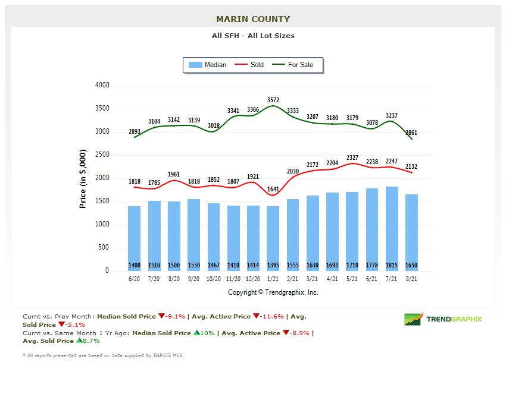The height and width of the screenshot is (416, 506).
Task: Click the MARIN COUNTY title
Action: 253,19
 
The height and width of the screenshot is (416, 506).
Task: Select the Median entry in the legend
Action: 208,65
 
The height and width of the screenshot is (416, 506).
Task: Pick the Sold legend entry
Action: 250,65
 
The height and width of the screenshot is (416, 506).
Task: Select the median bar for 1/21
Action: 273,238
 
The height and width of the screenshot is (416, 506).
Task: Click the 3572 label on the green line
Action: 273,100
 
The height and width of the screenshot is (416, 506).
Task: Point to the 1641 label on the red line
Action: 273,190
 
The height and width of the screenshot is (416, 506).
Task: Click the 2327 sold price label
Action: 352,157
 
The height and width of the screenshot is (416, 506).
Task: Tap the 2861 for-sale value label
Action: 411,133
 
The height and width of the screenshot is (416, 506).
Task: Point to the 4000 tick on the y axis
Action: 102,86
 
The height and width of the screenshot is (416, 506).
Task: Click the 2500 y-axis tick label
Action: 102,155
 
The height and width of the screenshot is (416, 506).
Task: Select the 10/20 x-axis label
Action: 213,279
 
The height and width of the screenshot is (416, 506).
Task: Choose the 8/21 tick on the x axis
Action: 411,279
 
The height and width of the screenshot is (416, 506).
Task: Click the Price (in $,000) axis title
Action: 83,178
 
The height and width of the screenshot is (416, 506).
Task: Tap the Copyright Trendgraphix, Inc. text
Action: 273,292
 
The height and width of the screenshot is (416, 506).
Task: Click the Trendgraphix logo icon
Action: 414,319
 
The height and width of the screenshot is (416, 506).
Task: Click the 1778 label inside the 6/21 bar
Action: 372,265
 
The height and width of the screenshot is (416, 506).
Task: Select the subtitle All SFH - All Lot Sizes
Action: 253,36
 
